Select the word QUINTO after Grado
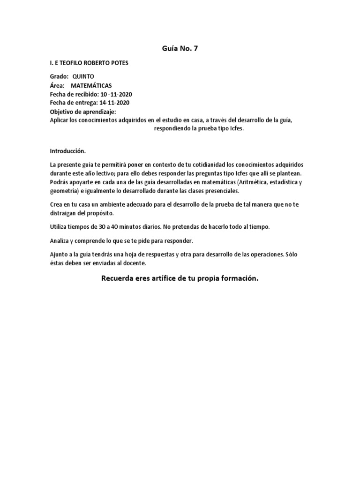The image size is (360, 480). point(83,76)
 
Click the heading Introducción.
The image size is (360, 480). point(68,151)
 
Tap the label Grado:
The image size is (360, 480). point(59,76)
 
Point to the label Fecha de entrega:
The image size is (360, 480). point(73,103)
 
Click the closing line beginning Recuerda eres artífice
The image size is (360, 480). point(180,278)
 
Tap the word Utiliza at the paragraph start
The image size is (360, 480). point(59,227)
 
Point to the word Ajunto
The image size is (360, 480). point(59,254)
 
